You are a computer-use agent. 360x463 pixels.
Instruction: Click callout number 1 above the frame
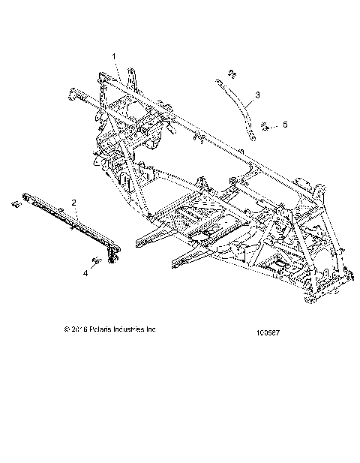click(114, 56)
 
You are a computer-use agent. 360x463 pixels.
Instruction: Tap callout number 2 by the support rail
click(73, 203)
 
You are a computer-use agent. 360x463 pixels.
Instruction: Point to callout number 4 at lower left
click(85, 273)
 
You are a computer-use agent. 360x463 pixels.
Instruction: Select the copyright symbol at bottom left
click(68, 328)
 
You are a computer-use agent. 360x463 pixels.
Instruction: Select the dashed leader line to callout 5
click(275, 124)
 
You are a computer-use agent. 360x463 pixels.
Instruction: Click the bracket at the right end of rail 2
click(113, 254)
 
